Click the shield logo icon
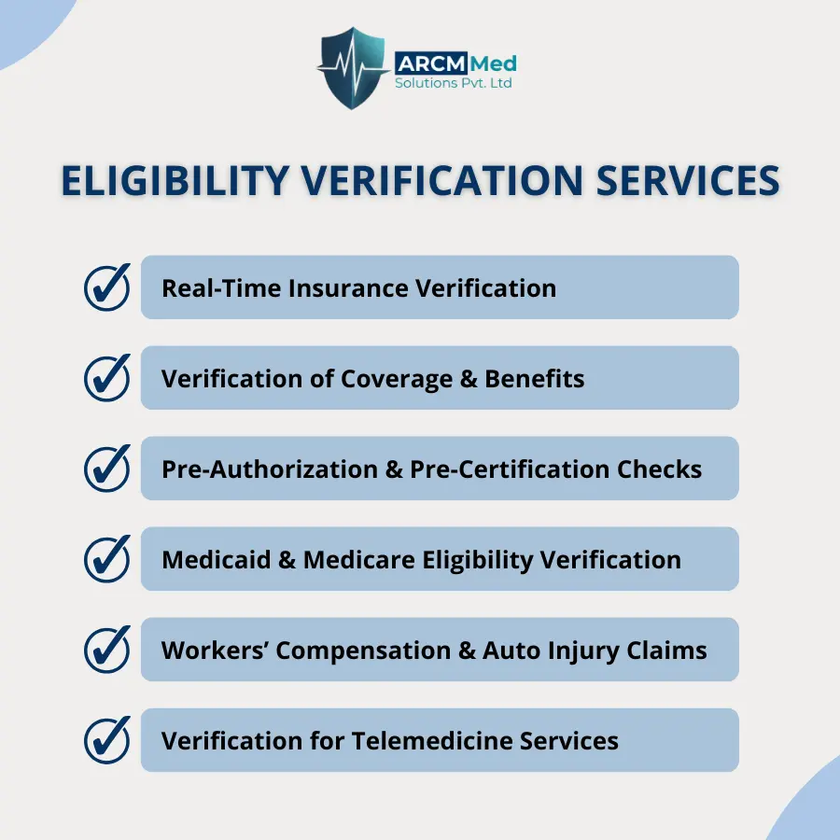point(352,67)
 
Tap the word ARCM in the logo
point(431,63)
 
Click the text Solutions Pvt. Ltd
point(454,83)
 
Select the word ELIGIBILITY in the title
point(175,180)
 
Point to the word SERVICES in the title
point(688,180)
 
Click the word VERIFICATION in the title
point(442,180)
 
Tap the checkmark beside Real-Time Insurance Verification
point(107,287)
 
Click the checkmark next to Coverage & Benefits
point(107,378)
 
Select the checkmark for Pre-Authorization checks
point(107,469)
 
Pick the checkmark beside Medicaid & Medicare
point(107,559)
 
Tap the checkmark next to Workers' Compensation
point(107,650)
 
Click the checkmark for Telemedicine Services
point(107,740)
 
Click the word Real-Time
point(221,288)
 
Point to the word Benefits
point(535,379)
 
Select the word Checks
point(660,469)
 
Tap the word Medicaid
point(217,560)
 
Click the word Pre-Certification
point(510,469)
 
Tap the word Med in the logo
point(494,63)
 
